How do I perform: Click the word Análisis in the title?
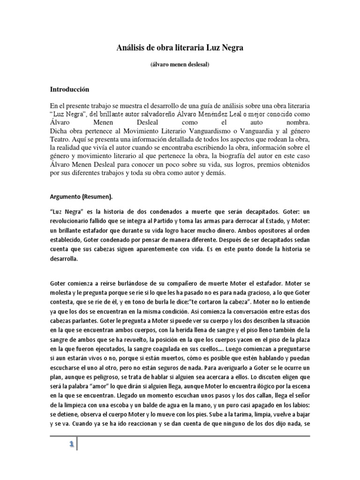point(130,48)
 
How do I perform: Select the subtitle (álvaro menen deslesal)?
point(180,65)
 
